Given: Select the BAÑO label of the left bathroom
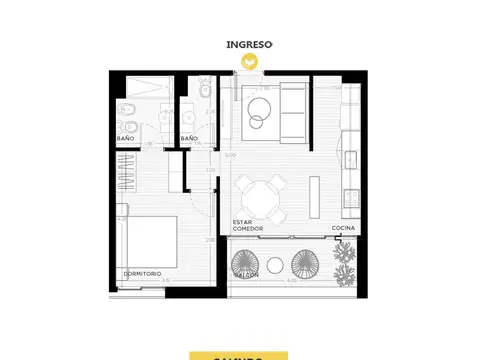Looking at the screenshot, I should [126, 138].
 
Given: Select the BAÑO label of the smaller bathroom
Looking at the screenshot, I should [189, 138].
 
